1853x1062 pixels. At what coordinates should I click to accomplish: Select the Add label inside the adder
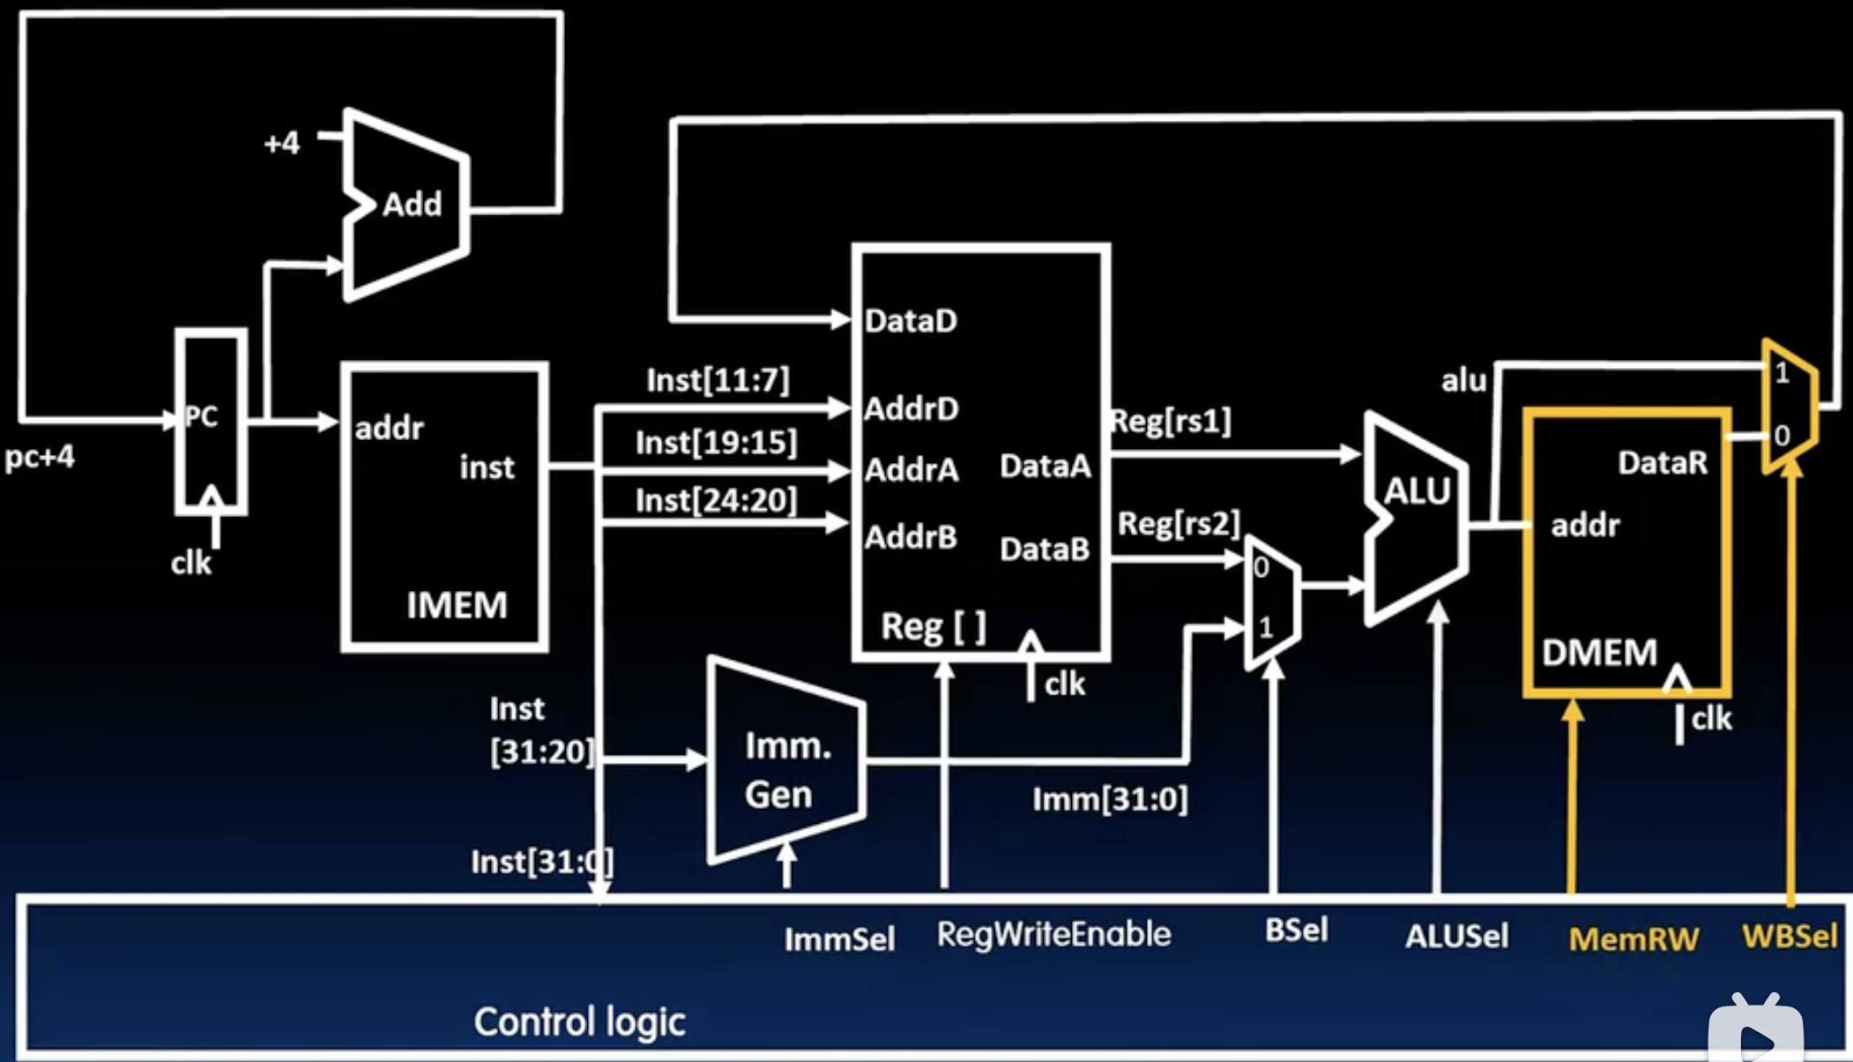(412, 205)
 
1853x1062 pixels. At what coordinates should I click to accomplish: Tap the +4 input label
(282, 143)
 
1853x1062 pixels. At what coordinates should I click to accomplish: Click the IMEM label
(457, 605)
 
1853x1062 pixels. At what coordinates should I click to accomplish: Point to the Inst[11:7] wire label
(718, 380)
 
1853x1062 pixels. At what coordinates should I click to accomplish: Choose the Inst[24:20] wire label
(716, 500)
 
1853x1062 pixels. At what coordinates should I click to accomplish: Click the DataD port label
(911, 321)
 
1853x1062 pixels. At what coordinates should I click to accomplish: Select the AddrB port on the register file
(911, 536)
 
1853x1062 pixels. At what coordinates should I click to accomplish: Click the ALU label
(1417, 491)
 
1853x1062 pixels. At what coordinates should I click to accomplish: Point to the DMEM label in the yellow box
(1599, 653)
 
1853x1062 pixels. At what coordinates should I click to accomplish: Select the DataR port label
(1662, 462)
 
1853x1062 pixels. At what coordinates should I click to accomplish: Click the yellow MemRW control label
(1633, 939)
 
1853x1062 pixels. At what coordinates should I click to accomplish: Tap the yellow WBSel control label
(1790, 936)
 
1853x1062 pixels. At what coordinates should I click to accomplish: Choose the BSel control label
(1296, 930)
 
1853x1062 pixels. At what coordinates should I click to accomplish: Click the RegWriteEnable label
(1053, 934)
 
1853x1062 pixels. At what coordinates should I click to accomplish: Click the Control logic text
(579, 1021)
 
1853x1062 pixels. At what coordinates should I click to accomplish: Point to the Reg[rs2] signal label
(1179, 524)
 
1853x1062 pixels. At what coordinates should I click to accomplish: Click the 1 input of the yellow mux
(1782, 374)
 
